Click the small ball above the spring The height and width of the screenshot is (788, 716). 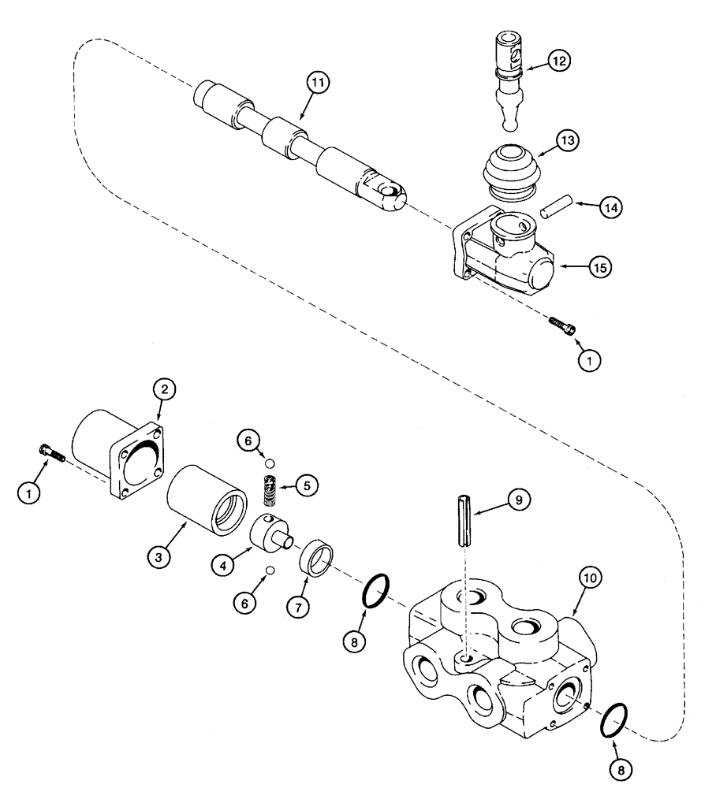[x=270, y=463]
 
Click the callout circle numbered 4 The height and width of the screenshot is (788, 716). [x=225, y=564]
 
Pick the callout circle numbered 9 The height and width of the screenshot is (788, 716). [x=519, y=500]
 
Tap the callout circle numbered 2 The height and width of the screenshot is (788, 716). [x=164, y=388]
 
